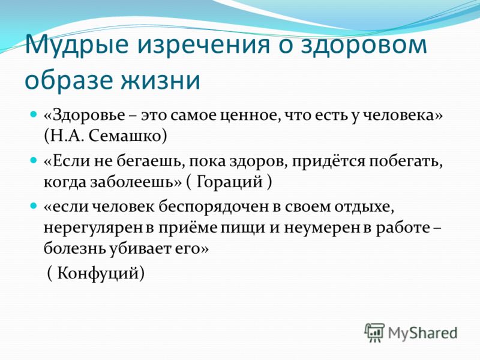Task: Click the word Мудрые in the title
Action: [x=77, y=44]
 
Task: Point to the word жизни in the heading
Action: [x=161, y=80]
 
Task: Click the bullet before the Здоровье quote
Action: [x=34, y=114]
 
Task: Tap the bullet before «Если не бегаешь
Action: [x=34, y=160]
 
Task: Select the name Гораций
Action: [x=229, y=182]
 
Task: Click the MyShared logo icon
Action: [x=374, y=333]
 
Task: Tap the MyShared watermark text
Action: [x=422, y=333]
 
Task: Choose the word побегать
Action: [x=406, y=161]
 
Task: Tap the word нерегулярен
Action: [x=93, y=229]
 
